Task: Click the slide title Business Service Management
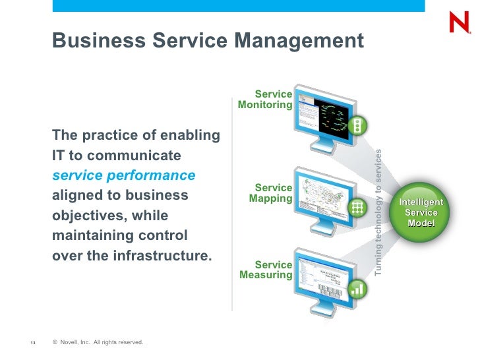tap(208, 41)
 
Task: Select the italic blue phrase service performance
tap(124, 176)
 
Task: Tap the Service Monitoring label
tap(266, 100)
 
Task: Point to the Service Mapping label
tap(271, 193)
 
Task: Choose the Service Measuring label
tap(266, 270)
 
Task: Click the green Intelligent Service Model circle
tap(421, 212)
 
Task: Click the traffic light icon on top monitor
tap(357, 127)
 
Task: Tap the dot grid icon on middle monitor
tap(357, 208)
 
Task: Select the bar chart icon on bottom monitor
tap(357, 288)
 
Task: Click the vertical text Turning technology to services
tap(378, 212)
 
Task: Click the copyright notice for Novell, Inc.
tap(98, 342)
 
